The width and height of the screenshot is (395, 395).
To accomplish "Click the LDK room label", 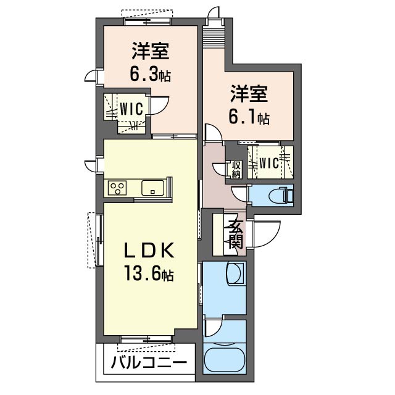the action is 149,250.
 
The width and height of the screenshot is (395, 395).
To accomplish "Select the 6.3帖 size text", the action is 150,74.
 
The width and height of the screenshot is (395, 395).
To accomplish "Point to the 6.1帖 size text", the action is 249,117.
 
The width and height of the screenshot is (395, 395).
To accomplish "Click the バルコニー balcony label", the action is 149,363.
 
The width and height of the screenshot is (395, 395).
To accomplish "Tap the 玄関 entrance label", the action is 235,235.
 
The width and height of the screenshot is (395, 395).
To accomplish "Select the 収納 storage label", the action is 236,170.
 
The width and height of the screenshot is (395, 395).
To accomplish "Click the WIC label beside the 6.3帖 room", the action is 131,109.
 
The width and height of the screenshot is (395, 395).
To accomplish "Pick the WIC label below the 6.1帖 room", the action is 269,163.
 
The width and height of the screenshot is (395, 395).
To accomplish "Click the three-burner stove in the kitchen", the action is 117,188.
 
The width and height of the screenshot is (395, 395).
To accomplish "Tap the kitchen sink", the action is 153,188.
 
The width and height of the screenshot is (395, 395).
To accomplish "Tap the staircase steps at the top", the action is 213,38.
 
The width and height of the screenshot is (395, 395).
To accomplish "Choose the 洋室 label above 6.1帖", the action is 249,93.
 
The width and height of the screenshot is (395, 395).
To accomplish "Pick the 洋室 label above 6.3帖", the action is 151,51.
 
